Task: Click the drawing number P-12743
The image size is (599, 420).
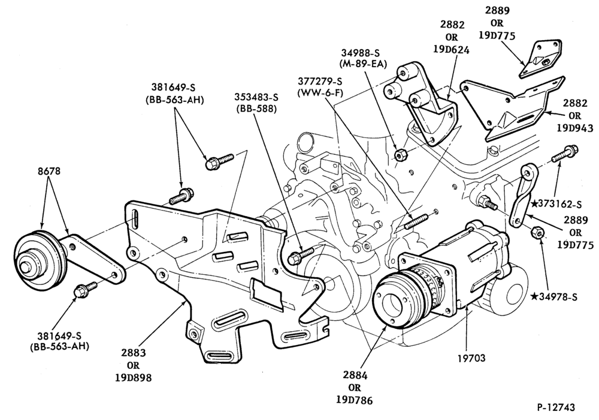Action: click(x=555, y=407)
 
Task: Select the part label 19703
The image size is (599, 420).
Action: click(x=471, y=358)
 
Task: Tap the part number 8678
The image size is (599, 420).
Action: click(x=49, y=170)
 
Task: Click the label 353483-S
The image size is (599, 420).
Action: click(x=257, y=97)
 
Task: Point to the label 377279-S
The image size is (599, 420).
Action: click(x=320, y=81)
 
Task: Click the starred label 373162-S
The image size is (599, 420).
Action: click(x=556, y=204)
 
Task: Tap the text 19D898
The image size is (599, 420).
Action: click(x=134, y=377)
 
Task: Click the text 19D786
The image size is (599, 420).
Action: click(x=355, y=400)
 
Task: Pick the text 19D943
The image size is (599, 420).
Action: click(x=575, y=128)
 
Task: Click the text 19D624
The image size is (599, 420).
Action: click(x=452, y=49)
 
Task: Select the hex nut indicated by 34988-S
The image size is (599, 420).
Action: click(x=401, y=155)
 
